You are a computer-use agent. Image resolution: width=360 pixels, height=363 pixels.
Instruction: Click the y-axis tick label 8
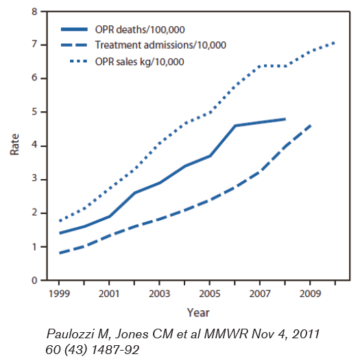coord(35,12)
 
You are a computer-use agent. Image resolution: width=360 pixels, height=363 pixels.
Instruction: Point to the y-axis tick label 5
coord(35,112)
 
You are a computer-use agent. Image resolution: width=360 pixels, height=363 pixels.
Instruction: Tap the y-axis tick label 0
coord(34,281)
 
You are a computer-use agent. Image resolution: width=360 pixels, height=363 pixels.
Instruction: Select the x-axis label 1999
coord(59,294)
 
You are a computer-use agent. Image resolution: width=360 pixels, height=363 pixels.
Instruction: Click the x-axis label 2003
coord(159,294)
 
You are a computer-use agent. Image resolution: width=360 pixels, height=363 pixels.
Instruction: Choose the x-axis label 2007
coord(260,294)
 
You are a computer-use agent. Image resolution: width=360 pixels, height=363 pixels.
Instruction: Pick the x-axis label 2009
coord(310,294)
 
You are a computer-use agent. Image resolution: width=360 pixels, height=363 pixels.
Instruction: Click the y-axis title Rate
coord(14,145)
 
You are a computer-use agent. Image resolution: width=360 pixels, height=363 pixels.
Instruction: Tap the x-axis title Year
coord(198,312)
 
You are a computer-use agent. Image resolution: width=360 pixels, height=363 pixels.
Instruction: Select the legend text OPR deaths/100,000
coord(140,30)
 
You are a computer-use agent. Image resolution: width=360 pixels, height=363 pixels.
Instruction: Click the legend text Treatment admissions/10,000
coord(160,45)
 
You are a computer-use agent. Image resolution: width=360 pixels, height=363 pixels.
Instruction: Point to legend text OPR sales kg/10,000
coord(139,62)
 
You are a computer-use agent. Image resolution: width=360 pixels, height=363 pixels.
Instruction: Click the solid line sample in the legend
coord(74,30)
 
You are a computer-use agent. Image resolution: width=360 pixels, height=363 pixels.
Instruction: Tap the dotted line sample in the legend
coord(79,61)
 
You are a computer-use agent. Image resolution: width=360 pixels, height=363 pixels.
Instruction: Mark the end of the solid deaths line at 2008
coord(285,119)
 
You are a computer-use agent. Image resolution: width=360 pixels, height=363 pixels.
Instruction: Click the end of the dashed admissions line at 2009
coord(311,126)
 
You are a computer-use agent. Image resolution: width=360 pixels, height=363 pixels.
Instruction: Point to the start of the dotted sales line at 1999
coord(60,221)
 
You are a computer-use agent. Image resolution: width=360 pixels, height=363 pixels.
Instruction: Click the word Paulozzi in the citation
coord(75,334)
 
